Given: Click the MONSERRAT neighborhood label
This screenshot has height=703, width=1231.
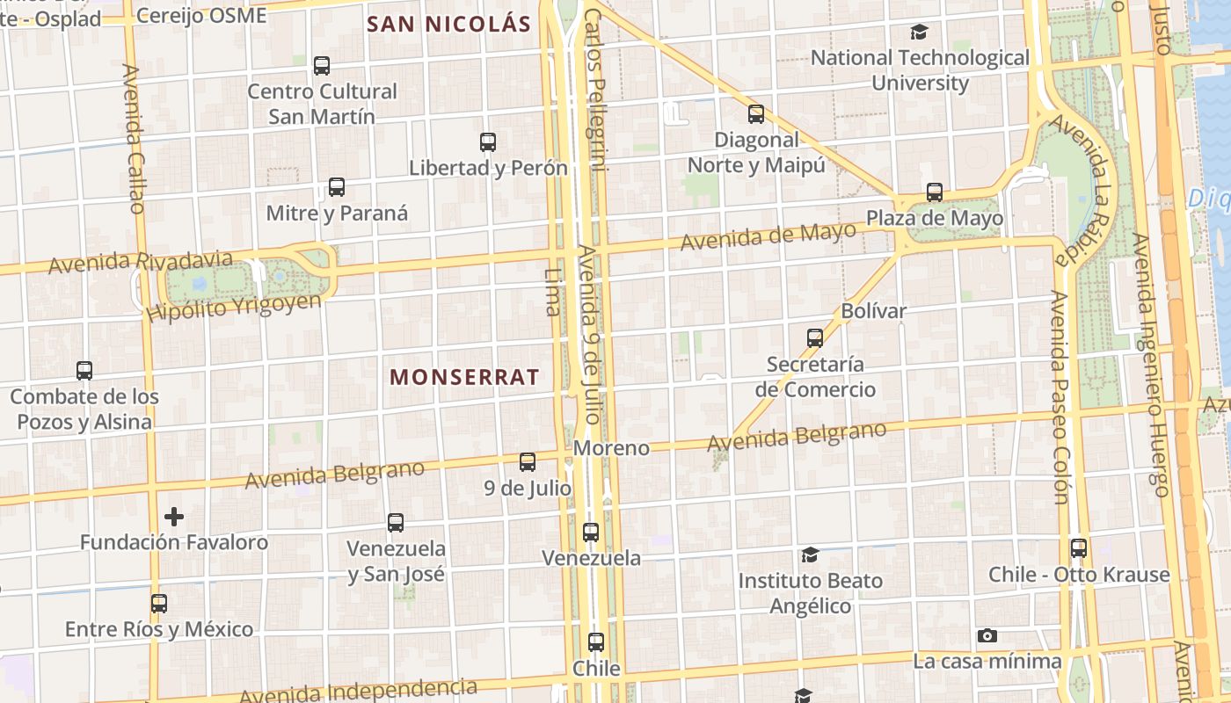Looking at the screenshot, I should coord(464,377).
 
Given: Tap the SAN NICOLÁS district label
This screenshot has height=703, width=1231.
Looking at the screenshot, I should coord(448,24).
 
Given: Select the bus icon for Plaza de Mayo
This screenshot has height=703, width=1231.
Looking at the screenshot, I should coord(935,192).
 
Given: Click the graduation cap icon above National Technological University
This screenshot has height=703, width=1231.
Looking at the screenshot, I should coord(919,33).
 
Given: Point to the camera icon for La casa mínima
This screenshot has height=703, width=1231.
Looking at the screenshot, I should coord(987,635).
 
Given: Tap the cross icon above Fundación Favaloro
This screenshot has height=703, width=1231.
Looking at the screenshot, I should coord(174,517).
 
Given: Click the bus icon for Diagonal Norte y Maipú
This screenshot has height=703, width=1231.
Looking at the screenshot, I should coord(756,114).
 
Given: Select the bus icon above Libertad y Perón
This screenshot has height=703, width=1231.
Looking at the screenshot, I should coord(488,142).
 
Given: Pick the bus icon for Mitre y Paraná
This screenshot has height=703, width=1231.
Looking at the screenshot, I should coord(337,187).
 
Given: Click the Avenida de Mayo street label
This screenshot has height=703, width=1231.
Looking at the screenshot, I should coord(768,236).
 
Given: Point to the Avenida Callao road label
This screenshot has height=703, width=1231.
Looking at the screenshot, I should coord(134,139).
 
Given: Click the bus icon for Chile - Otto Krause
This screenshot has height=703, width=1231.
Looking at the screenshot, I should coord(1079,548).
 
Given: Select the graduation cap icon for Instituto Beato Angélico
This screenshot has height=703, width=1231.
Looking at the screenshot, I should coord(810,555).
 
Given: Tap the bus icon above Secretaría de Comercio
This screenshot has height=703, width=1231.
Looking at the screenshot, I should coord(815,338).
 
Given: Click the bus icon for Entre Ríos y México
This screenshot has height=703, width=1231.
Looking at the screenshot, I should coord(159,604).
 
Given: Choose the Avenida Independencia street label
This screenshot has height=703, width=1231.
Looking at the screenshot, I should coord(358,692).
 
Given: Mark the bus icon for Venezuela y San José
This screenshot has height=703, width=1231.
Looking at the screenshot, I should coord(396,523).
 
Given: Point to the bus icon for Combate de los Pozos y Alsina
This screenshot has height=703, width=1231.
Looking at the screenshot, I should coord(84,371).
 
